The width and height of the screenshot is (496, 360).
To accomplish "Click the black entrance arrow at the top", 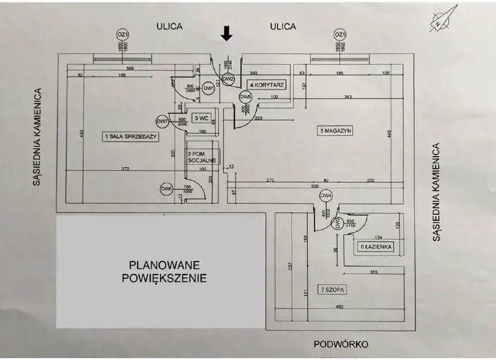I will tap(227, 33).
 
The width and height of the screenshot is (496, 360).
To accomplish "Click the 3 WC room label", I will tap(200, 117).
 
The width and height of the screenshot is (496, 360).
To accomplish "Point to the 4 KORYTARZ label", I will tap(267, 84).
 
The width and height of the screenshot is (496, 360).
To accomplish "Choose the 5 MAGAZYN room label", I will tap(335, 131).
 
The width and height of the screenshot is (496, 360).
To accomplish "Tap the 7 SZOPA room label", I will tap(334, 289).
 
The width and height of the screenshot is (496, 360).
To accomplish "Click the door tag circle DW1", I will tap(209, 89).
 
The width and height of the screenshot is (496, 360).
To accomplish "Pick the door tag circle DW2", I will tap(228, 79).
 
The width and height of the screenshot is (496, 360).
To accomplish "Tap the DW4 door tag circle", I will tap(326, 196).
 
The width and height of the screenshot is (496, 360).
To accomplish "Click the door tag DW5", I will tap(246, 97).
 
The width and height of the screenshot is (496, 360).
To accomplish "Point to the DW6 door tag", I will tap(166, 188).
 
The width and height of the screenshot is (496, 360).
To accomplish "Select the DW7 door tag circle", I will tap(163, 121).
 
